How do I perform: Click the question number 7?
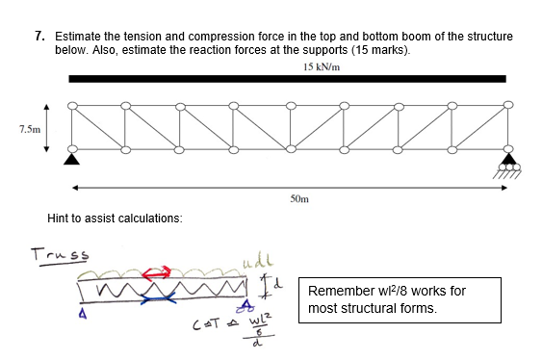pyautogui.click(x=39, y=36)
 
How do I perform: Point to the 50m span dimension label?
pyautogui.click(x=297, y=199)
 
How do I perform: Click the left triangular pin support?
pyautogui.click(x=71, y=157)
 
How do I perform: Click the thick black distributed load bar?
pyautogui.click(x=288, y=79)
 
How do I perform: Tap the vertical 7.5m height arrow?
pyautogui.click(x=45, y=127)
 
